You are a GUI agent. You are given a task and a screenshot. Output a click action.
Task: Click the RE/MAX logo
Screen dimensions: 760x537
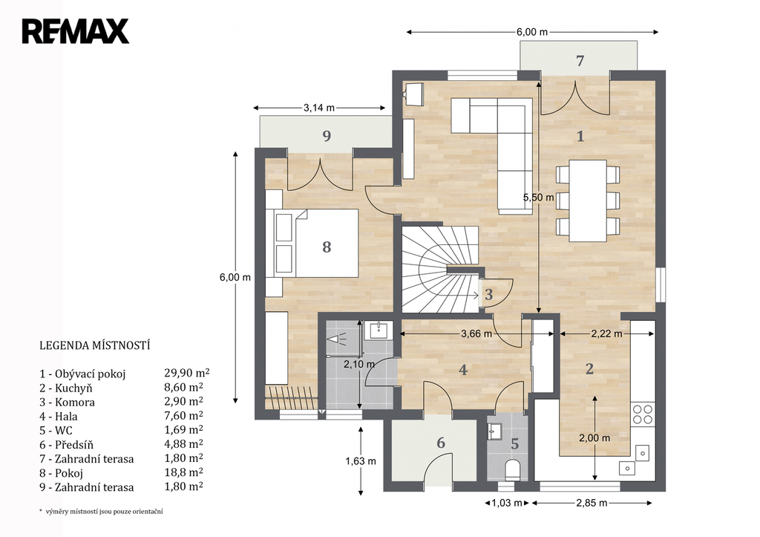coord(75,31)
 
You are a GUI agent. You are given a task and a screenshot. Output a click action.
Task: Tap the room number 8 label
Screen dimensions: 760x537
coord(327,247)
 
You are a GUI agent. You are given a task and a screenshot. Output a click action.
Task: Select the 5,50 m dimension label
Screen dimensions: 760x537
coord(538,198)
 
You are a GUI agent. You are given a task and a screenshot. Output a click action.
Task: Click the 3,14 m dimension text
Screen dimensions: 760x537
coord(319,108)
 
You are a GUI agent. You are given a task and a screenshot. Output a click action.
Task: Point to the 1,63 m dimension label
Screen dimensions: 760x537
coord(361,460)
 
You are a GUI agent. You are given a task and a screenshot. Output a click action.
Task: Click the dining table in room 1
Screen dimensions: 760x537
coord(588,201)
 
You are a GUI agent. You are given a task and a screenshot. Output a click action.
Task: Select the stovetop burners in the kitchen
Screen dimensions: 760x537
coord(643,414)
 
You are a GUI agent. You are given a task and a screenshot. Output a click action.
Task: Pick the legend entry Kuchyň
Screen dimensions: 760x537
coord(66,388)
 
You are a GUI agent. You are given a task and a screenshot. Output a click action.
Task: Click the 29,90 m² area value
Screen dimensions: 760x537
coord(187,373)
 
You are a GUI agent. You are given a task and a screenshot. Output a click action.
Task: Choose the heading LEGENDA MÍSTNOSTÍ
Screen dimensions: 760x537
coord(94,345)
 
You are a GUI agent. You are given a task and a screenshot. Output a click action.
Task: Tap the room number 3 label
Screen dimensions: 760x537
coord(488,294)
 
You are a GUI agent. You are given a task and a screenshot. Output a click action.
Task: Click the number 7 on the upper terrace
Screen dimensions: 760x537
coord(580,61)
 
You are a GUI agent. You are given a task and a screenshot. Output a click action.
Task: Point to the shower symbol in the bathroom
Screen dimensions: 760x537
coord(337,338)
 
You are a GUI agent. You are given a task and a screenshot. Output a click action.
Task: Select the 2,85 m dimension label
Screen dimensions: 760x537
coord(592,503)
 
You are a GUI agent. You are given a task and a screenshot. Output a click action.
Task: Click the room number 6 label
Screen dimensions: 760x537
coord(441,443)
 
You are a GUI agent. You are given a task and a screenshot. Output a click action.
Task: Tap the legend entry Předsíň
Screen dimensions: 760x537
coord(66,445)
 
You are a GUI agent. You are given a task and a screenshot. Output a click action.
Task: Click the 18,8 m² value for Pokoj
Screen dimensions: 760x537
coord(184,472)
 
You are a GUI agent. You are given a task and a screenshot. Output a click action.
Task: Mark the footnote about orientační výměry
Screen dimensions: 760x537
coord(101,511)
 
